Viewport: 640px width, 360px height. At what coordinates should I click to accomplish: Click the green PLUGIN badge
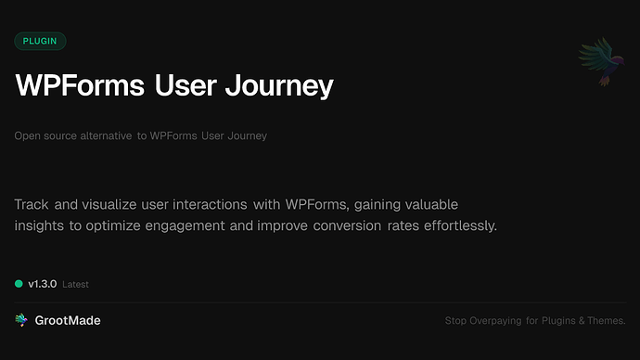click(40, 41)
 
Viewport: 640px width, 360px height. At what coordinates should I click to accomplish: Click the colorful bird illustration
click(598, 61)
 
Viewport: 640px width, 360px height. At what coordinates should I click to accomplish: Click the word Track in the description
click(33, 203)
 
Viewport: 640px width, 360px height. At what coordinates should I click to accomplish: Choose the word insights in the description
click(40, 225)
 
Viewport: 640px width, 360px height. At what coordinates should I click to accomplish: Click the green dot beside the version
click(19, 284)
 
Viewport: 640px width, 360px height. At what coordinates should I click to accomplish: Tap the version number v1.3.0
click(42, 284)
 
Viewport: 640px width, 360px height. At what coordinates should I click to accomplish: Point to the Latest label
click(76, 285)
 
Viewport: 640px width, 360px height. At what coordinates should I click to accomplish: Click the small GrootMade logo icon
click(21, 320)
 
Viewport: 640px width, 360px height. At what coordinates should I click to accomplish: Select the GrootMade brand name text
click(69, 320)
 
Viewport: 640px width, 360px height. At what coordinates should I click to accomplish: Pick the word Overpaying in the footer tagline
click(497, 321)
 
